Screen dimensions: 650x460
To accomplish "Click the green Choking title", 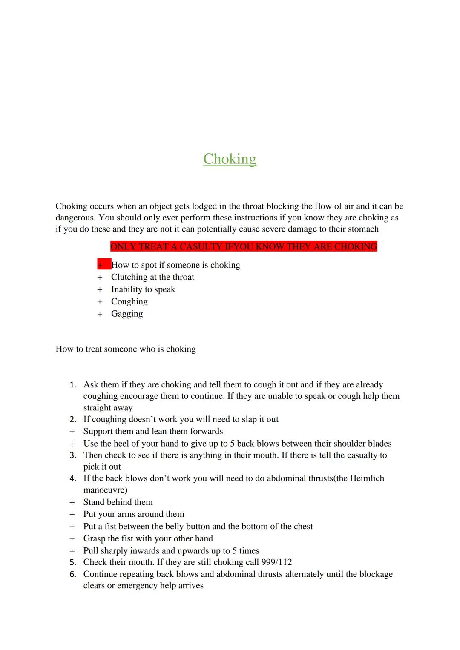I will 230,159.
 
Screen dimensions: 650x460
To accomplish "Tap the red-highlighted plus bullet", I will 101,265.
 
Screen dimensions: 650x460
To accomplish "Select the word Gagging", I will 127,314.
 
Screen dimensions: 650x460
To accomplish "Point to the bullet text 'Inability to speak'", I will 143,289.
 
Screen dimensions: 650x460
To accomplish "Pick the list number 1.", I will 73,385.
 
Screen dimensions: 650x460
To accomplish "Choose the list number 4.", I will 73,478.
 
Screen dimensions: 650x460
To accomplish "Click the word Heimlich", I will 367,478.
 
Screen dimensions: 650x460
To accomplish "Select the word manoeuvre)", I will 105,490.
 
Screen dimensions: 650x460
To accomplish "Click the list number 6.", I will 73,574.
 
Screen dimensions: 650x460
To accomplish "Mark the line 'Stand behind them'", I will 118,502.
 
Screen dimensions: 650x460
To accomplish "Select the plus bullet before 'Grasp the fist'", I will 72,539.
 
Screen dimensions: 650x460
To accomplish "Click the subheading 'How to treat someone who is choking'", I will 126,349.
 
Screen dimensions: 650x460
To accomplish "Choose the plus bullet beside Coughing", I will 100,302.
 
